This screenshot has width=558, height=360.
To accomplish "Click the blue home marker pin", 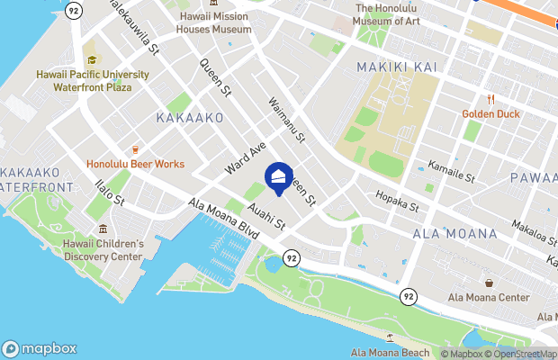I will [279, 176].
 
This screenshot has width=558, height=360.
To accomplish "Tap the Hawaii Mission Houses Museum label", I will [213, 22].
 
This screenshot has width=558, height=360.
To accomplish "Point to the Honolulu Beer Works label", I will [135, 164].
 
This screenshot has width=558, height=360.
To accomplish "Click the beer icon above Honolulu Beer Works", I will [135, 149].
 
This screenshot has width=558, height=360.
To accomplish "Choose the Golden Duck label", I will [491, 113].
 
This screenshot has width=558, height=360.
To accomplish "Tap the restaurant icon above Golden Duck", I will [491, 99].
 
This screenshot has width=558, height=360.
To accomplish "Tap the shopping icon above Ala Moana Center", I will [488, 283].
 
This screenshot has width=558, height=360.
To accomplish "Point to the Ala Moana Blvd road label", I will [224, 219].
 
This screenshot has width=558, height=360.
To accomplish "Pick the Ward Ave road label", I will [247, 157].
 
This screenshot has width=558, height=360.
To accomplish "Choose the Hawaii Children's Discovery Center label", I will [103, 250].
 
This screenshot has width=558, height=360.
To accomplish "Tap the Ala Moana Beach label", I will [390, 351].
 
